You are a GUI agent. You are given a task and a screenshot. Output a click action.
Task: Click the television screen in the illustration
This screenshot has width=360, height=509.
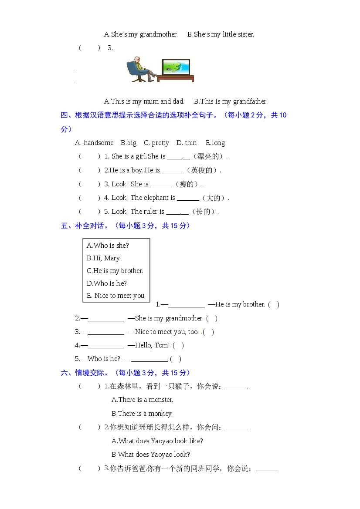(x=176, y=67)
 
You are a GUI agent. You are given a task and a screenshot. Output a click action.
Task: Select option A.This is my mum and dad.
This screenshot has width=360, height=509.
(x=144, y=101)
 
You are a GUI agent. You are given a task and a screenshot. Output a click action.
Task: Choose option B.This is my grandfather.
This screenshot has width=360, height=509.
(x=231, y=101)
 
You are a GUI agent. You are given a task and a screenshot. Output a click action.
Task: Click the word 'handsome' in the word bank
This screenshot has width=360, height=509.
(x=98, y=143)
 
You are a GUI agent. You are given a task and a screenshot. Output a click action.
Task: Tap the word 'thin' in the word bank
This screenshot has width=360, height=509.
(x=190, y=143)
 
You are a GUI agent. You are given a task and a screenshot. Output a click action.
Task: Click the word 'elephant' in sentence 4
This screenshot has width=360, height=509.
(x=156, y=198)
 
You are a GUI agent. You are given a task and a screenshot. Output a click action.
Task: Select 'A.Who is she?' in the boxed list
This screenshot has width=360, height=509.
(x=108, y=246)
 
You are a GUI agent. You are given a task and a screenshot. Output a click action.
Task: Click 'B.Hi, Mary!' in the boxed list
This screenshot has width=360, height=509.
(x=104, y=258)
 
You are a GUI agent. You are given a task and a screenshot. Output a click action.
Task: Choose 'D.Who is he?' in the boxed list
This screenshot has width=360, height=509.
(x=107, y=283)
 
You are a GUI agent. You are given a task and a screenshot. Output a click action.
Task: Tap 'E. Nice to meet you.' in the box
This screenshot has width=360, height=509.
(x=116, y=296)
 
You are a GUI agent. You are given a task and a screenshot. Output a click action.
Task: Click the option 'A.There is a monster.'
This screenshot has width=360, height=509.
(x=142, y=400)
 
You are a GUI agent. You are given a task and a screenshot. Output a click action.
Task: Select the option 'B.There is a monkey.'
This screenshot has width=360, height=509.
(x=142, y=414)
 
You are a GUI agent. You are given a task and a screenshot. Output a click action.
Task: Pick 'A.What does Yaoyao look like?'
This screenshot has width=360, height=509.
(x=157, y=441)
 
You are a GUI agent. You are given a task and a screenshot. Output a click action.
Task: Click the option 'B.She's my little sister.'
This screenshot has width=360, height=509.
(x=221, y=34)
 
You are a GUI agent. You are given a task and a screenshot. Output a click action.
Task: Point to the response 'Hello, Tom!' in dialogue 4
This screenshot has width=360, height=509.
(x=152, y=345)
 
